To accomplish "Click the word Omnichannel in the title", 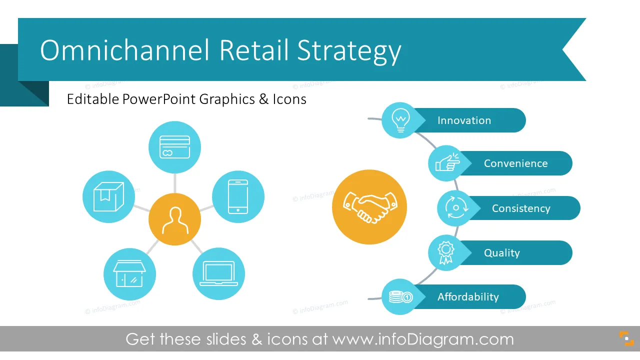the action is pyautogui.click(x=125, y=50).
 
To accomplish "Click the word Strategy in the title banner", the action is pyautogui.click(x=349, y=52).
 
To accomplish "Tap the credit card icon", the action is pyautogui.click(x=174, y=147).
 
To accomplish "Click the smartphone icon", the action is pyautogui.click(x=238, y=196).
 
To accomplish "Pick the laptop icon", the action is pyautogui.click(x=218, y=273).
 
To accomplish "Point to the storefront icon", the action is pyautogui.click(x=129, y=273).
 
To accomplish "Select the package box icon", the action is pyautogui.click(x=108, y=196).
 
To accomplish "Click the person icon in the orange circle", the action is pyautogui.click(x=175, y=220).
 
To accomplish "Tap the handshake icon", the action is pyautogui.click(x=369, y=207).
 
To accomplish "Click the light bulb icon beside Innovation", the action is pyautogui.click(x=400, y=120).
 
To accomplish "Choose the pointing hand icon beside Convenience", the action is pyautogui.click(x=447, y=162).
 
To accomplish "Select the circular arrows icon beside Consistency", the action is pyautogui.click(x=456, y=207).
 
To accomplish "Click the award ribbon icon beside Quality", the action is pyautogui.click(x=445, y=252).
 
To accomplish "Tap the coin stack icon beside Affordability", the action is pyautogui.click(x=400, y=297).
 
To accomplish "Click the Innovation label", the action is pyautogui.click(x=464, y=120).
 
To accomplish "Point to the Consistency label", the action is pyautogui.click(x=521, y=208).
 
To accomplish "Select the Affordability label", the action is pyautogui.click(x=468, y=297).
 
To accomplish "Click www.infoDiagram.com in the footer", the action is pyautogui.click(x=423, y=339).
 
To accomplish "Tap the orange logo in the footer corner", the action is pyautogui.click(x=626, y=338).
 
